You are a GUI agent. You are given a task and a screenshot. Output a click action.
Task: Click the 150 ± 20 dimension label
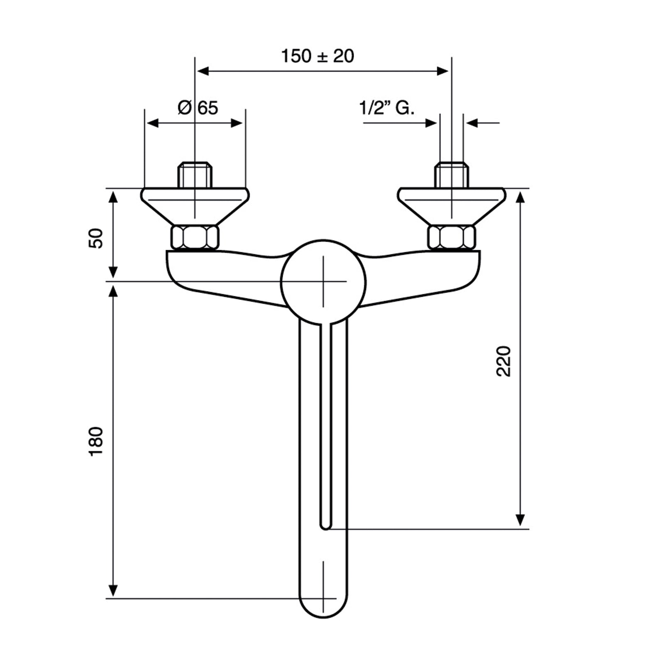click(317, 56)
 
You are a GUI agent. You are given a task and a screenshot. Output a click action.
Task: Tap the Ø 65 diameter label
click(198, 108)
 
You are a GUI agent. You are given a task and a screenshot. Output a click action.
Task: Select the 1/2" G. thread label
click(387, 108)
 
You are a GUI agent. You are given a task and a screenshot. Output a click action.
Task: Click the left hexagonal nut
click(195, 237)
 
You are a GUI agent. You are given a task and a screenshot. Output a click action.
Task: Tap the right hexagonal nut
click(452, 237)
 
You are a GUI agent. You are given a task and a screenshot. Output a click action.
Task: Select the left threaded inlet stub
click(195, 175)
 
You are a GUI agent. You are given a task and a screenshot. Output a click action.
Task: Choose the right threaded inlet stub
click(452, 175)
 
